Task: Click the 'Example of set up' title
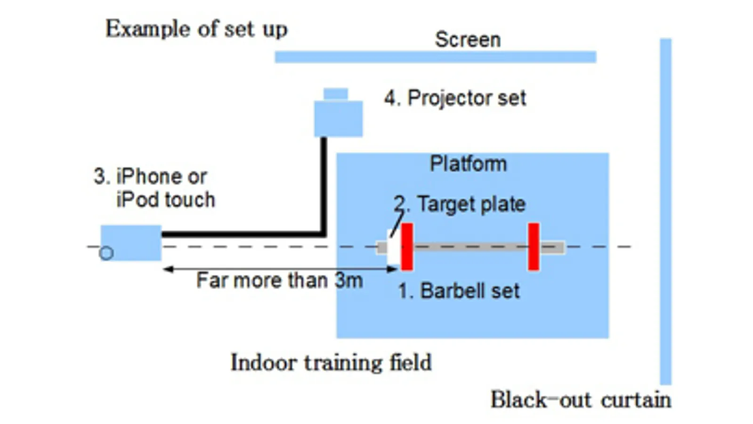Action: pyautogui.click(x=196, y=29)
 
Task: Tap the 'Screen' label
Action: pyautogui.click(x=467, y=40)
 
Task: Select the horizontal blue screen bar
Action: pyautogui.click(x=435, y=57)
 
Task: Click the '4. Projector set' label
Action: pyautogui.click(x=455, y=98)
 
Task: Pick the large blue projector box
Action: pyautogui.click(x=338, y=119)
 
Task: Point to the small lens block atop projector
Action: pyautogui.click(x=336, y=94)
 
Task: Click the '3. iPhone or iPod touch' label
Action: pyautogui.click(x=154, y=188)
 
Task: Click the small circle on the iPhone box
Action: pyautogui.click(x=106, y=253)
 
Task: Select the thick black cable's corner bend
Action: pyautogui.click(x=324, y=233)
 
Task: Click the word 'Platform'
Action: pyautogui.click(x=468, y=164)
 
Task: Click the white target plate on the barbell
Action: pyautogui.click(x=393, y=247)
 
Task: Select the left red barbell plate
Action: pyautogui.click(x=407, y=246)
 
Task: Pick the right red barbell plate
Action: pyautogui.click(x=533, y=246)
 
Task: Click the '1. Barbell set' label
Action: pyautogui.click(x=459, y=291)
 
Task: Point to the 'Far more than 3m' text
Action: pyautogui.click(x=279, y=280)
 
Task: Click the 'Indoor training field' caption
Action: pyautogui.click(x=331, y=363)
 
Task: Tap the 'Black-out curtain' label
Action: pyautogui.click(x=581, y=400)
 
